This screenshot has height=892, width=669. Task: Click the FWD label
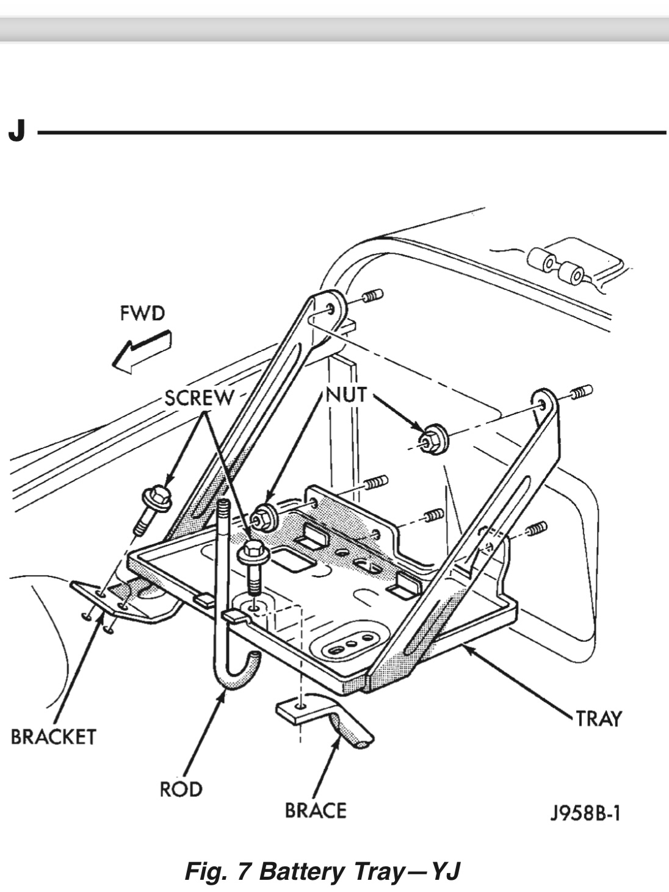pos(142,314)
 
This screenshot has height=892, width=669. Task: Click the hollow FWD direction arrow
pos(141,352)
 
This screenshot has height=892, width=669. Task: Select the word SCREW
pos(198,398)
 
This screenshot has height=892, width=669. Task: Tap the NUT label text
pos(346,395)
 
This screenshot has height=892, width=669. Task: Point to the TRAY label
pos(598,719)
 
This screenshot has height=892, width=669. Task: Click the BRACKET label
pos(54,737)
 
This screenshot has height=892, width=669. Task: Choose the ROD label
pos(181,789)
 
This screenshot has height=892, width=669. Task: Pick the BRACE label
pos(316,810)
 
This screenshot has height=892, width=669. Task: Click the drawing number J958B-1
pos(585,813)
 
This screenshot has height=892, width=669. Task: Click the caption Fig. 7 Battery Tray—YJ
pos(322,871)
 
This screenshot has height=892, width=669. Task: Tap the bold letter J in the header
pos(17,131)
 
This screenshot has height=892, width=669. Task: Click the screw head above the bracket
pos(157,496)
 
